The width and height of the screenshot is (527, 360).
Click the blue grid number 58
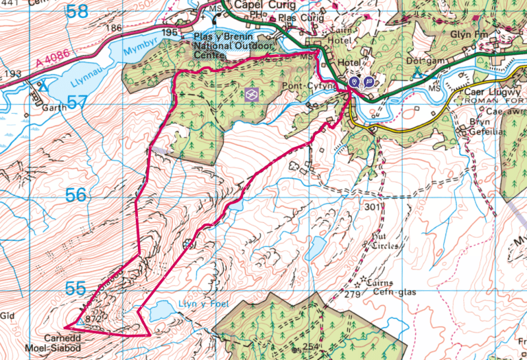point(78,12)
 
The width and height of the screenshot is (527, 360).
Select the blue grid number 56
point(76,195)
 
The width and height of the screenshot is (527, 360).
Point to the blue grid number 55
point(76,288)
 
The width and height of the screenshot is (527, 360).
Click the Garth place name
point(54,106)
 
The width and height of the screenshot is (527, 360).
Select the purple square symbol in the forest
point(252,95)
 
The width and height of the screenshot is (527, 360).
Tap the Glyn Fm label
point(469,32)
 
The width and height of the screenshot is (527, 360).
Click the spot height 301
point(372,207)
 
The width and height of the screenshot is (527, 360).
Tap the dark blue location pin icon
point(354,82)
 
